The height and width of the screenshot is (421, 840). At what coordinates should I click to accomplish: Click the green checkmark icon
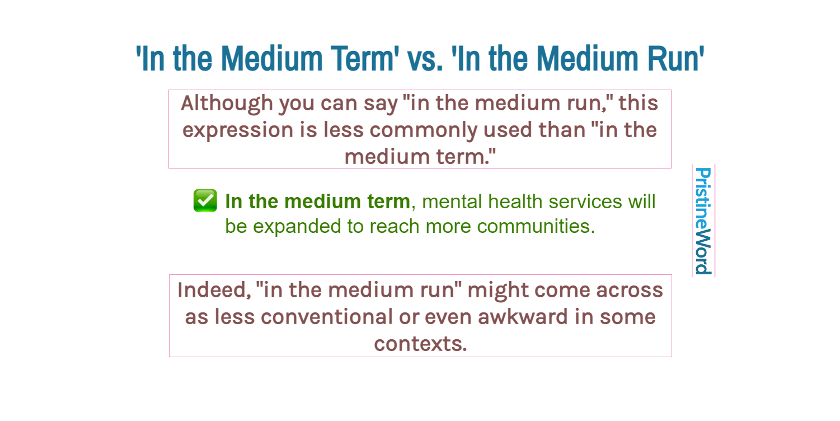(x=205, y=201)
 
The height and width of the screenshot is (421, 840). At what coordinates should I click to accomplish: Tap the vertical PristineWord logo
(x=703, y=221)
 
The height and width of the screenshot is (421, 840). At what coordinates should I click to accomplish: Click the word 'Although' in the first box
(x=227, y=103)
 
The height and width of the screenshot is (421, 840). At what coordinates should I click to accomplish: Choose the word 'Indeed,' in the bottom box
(x=213, y=291)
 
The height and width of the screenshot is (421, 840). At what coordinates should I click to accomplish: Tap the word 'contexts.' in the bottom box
(x=420, y=343)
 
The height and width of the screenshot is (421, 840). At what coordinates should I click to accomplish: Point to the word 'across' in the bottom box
(x=629, y=291)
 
